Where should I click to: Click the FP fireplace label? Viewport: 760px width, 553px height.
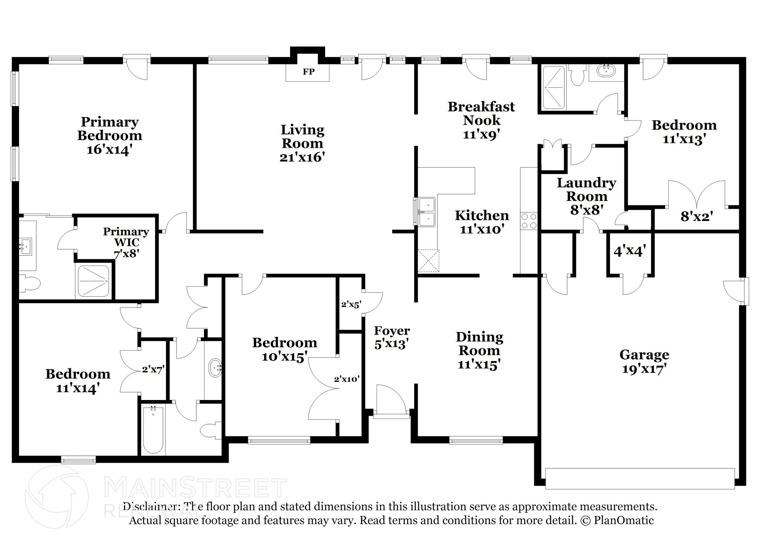click(x=308, y=72)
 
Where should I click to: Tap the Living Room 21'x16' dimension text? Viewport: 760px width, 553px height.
click(x=302, y=157)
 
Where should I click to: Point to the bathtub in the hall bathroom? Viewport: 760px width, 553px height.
click(x=153, y=430)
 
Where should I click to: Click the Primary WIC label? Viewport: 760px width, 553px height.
click(x=126, y=237)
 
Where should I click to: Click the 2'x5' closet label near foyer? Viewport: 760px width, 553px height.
click(x=351, y=305)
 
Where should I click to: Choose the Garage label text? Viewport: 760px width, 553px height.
click(x=644, y=355)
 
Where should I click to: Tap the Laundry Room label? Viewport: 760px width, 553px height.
click(x=586, y=189)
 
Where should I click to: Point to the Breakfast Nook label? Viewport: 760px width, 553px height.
click(x=481, y=113)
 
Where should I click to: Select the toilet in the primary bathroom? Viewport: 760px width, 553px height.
click(x=30, y=284)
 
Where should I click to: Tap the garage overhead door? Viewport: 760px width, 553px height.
click(x=640, y=484)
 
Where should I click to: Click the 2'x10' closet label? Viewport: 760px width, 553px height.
click(x=347, y=379)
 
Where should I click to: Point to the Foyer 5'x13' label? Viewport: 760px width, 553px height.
click(x=392, y=337)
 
